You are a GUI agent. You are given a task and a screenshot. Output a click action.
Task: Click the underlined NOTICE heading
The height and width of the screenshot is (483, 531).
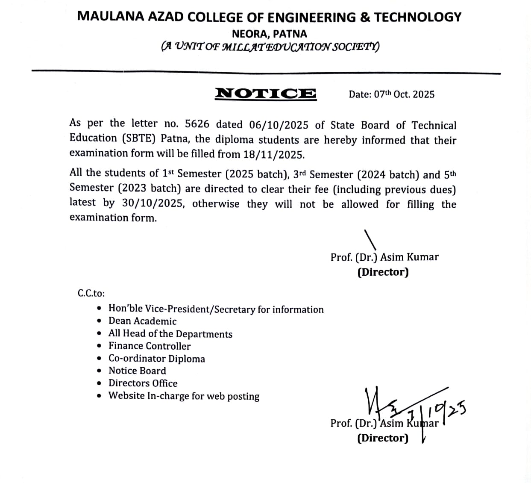click(x=265, y=93)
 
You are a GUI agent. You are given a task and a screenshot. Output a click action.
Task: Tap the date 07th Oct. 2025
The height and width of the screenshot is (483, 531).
click(x=391, y=94)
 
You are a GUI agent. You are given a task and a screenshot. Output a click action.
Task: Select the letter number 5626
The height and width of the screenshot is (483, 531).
click(x=197, y=124)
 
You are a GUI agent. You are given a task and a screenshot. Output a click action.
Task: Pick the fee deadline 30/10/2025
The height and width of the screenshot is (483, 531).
click(x=153, y=203)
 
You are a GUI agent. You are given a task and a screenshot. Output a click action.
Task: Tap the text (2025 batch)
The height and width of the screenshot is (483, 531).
click(x=255, y=174)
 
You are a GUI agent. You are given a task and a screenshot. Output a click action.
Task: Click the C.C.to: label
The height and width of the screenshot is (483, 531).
click(x=91, y=293)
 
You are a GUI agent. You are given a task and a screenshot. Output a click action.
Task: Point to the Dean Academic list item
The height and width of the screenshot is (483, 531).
click(x=142, y=321)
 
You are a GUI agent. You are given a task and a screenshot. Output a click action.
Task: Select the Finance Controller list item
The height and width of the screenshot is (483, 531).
click(x=150, y=346)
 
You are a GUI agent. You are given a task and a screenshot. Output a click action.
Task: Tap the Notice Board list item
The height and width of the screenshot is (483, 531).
click(x=137, y=371)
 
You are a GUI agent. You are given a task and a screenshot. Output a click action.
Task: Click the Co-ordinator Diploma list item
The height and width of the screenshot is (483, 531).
click(x=156, y=359)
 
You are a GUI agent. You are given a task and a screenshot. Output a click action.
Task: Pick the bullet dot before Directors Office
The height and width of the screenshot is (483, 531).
click(x=100, y=383)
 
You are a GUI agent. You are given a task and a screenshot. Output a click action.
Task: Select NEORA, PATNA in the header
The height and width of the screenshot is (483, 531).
click(x=269, y=33)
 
